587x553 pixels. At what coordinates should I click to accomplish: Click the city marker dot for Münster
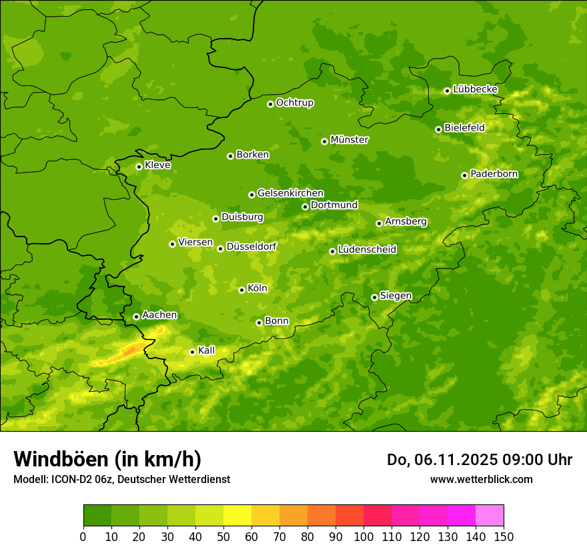[x=325, y=141]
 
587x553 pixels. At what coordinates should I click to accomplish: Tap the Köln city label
[x=257, y=288]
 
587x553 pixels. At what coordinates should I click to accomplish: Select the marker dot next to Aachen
[x=136, y=316]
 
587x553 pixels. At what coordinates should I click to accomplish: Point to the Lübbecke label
[x=475, y=89]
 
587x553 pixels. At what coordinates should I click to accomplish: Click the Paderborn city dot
[x=464, y=175]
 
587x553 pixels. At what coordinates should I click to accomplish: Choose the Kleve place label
[x=157, y=165]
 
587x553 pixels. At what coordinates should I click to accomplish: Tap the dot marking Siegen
[x=374, y=297]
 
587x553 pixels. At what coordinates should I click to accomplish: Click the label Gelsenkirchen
[x=290, y=193]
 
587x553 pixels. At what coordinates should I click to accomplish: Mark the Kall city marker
[x=192, y=352]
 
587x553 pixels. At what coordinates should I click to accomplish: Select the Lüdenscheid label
[x=367, y=250]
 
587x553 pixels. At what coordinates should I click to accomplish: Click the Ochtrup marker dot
[x=270, y=103]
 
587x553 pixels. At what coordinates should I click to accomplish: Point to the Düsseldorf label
[x=251, y=247]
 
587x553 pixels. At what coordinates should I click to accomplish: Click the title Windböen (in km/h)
[x=107, y=459]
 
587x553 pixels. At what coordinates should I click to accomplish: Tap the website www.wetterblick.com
[x=481, y=479]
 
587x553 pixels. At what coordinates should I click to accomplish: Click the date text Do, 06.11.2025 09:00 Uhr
[x=479, y=460]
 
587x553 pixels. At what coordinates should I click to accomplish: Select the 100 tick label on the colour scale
[x=364, y=536]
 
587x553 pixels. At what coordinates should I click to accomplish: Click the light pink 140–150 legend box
[x=490, y=516]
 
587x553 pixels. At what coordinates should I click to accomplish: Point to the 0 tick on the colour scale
[x=83, y=536]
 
